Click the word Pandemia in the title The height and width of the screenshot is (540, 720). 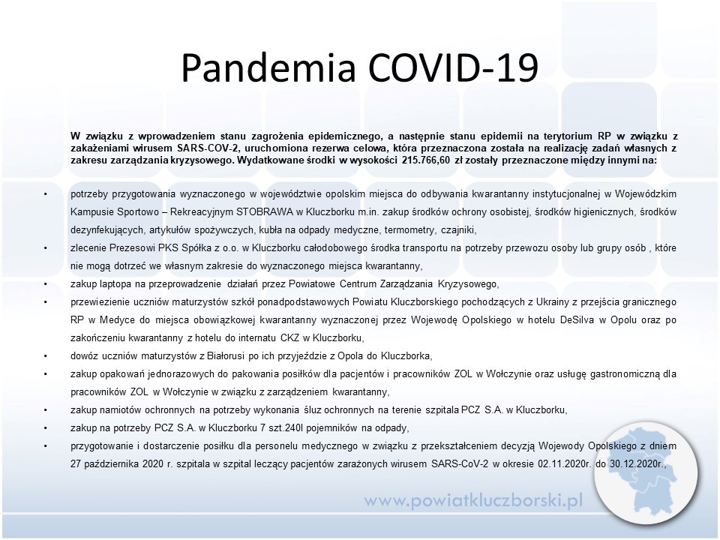pyautogui.click(x=268, y=67)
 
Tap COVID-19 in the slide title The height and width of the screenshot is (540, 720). pyautogui.click(x=453, y=67)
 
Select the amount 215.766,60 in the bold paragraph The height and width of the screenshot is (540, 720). pyautogui.click(x=426, y=160)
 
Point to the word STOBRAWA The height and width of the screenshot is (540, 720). pyautogui.click(x=265, y=212)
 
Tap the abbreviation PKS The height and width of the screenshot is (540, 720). pyautogui.click(x=168, y=248)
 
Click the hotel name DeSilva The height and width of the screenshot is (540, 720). pyautogui.click(x=577, y=320)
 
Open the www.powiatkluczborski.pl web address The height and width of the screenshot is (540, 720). pyautogui.click(x=474, y=500)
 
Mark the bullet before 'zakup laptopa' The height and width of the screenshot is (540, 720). pyautogui.click(x=46, y=284)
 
